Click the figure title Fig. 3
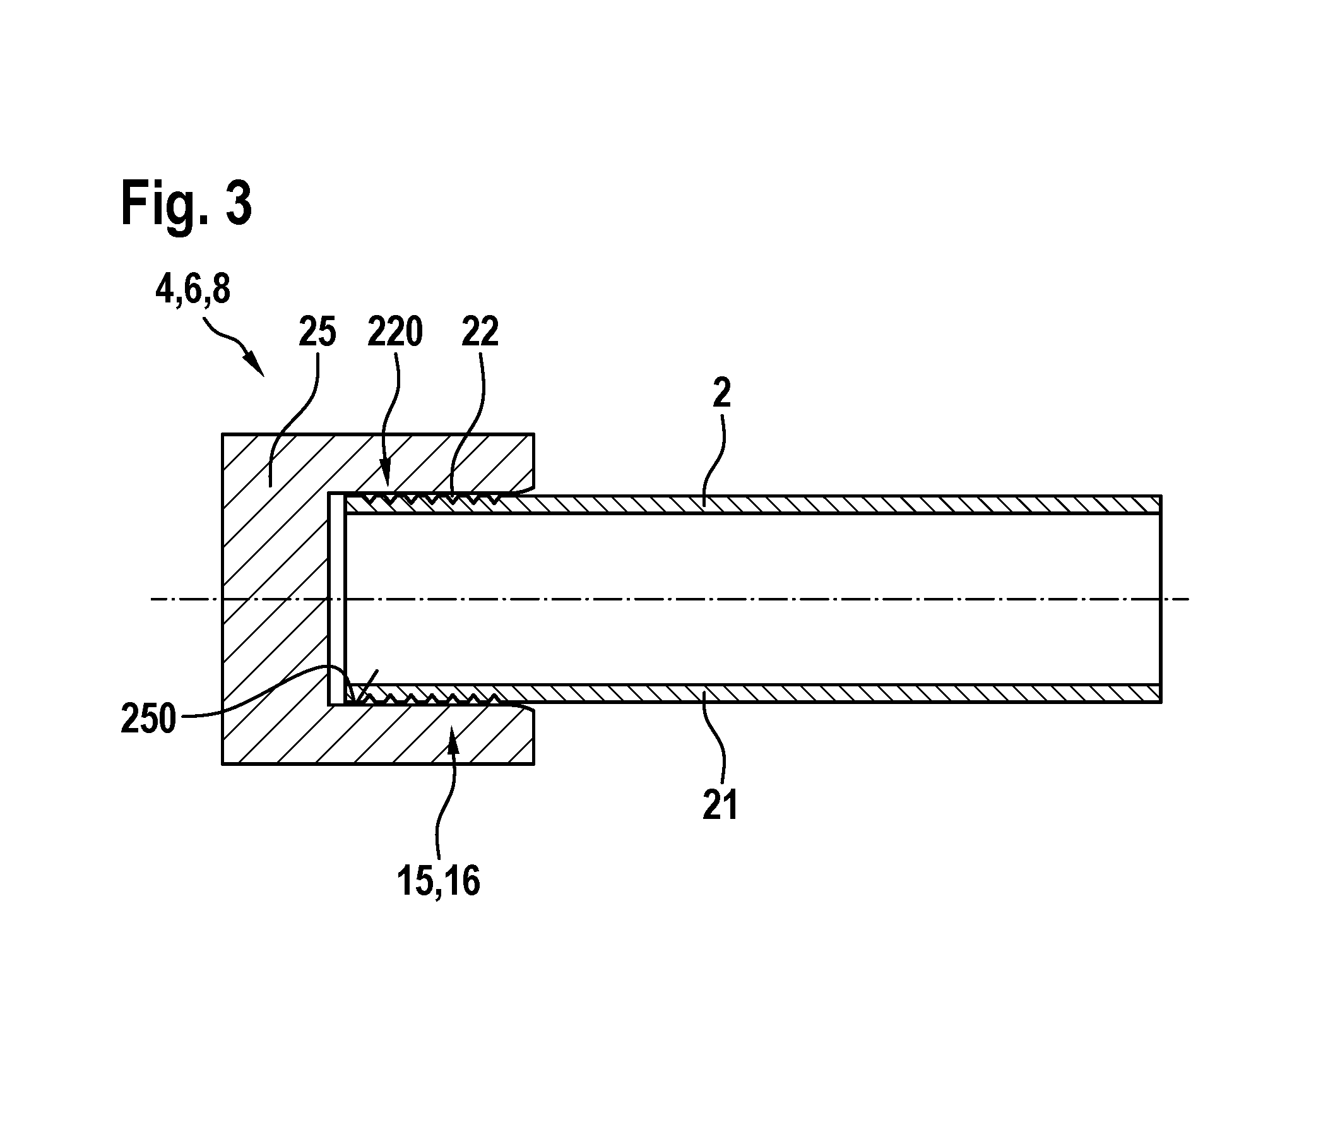point(186,204)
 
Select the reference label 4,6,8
point(193,290)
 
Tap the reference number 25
point(317,333)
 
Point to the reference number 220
point(395,333)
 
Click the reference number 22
point(480,333)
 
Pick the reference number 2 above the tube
point(722,393)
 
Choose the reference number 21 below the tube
point(720,806)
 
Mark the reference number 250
point(148,719)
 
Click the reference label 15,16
point(439,881)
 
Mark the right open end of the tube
point(1161,599)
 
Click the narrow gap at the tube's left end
point(337,599)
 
